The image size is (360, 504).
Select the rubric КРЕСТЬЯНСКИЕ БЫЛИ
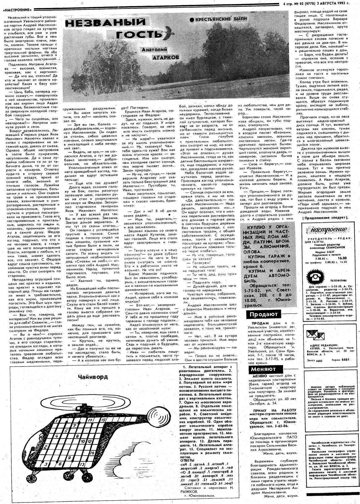click(x=218, y=19)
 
